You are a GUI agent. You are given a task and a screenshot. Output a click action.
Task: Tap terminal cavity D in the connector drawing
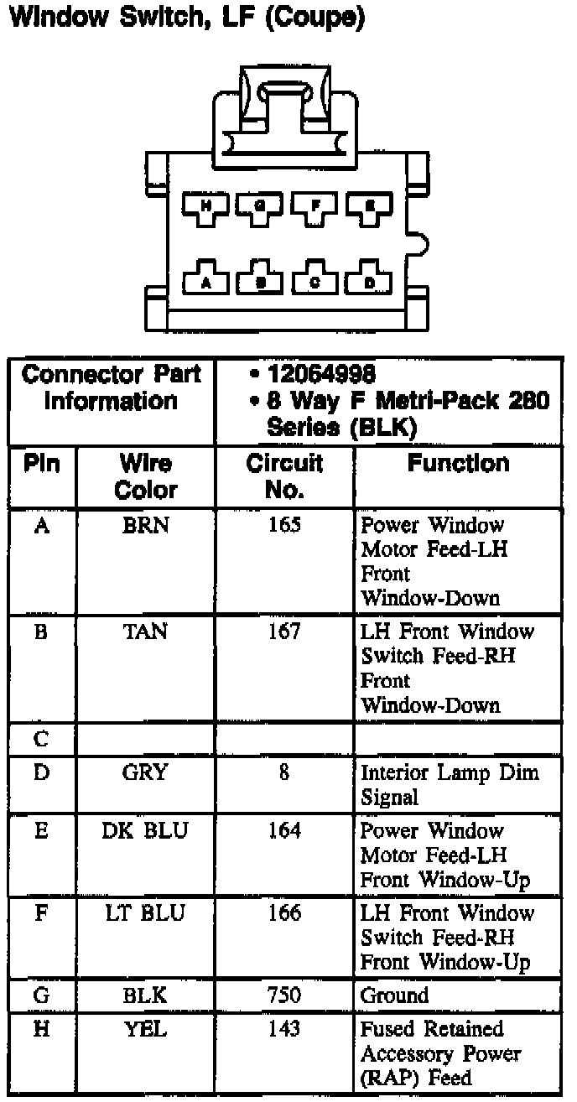[x=369, y=279]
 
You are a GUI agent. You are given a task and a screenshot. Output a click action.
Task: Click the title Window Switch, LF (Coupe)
[x=185, y=18]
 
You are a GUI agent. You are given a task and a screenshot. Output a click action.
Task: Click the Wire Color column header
[x=146, y=476]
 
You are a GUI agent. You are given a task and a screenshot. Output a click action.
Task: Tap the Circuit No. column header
[x=284, y=476]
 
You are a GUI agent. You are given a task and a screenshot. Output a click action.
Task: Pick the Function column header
[x=458, y=464]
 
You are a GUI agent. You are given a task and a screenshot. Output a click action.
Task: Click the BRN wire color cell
[x=146, y=526]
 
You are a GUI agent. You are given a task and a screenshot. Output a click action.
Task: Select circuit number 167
[x=284, y=632]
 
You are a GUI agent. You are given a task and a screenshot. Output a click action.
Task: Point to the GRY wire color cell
[x=146, y=772]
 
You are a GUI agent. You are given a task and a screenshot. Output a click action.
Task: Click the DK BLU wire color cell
[x=146, y=831]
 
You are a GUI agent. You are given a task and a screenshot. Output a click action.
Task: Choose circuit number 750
[x=284, y=995]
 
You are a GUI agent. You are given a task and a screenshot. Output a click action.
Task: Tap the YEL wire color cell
[x=146, y=1029]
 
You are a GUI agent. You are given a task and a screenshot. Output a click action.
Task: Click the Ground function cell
[x=394, y=995]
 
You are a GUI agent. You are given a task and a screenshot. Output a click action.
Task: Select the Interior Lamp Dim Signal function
[x=450, y=784]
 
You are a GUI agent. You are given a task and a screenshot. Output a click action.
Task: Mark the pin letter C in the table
[x=41, y=740]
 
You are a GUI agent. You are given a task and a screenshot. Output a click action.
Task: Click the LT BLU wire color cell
[x=146, y=913]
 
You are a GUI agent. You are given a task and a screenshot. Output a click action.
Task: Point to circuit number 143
[x=284, y=1029]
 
